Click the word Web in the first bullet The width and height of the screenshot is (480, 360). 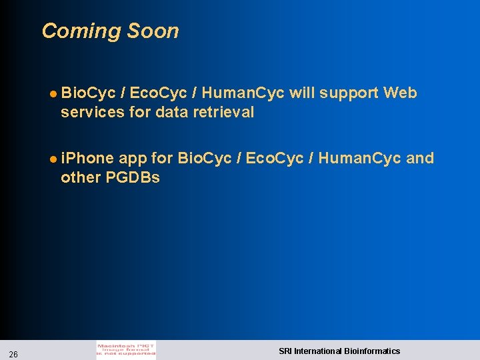point(400,93)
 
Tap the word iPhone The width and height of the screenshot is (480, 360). point(87,159)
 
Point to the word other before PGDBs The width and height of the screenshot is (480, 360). point(81,178)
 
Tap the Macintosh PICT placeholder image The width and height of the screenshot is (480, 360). point(126,350)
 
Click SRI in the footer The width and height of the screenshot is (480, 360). point(285,351)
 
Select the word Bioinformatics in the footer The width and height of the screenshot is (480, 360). point(371,351)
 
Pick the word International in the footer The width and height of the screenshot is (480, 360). point(317,351)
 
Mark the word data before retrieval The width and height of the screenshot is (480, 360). point(171,112)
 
